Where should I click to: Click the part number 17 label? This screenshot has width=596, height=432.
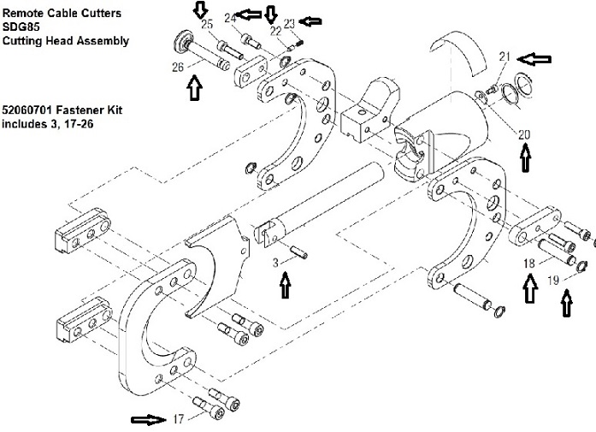(x=178, y=418)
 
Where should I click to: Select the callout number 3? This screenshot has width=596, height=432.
(x=275, y=263)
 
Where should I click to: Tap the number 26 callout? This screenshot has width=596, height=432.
(x=178, y=68)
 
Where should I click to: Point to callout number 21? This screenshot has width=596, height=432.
(x=505, y=56)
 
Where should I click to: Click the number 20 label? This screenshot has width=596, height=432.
(x=524, y=134)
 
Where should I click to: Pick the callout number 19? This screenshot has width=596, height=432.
(x=553, y=281)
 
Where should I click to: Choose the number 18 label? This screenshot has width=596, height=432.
(x=529, y=263)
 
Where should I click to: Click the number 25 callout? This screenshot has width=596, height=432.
(x=207, y=24)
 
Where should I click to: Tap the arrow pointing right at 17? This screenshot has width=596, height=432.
(x=148, y=419)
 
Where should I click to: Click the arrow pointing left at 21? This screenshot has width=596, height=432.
(x=534, y=59)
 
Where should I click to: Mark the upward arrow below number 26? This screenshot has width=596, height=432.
(x=194, y=87)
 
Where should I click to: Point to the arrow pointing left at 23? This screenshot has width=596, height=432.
(x=310, y=21)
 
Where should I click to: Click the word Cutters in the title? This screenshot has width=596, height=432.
(x=103, y=13)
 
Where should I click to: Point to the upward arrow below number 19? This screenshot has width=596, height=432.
(x=567, y=303)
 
